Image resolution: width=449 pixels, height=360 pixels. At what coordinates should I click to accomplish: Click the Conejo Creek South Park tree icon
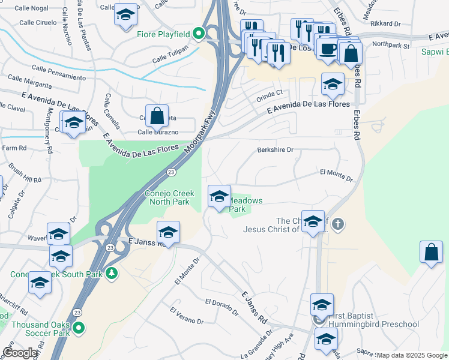[x=112, y=274]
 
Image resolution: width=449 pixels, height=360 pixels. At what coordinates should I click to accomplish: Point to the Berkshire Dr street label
[x=276, y=150]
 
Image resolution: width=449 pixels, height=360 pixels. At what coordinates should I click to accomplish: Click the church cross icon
[x=337, y=224]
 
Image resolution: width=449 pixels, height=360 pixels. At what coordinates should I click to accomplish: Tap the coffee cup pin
[x=328, y=49]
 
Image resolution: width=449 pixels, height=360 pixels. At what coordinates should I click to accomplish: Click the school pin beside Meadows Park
[x=219, y=196]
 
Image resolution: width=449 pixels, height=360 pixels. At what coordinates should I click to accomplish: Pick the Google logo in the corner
[x=20, y=353]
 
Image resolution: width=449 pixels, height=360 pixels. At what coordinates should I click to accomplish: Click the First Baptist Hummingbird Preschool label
[x=372, y=320]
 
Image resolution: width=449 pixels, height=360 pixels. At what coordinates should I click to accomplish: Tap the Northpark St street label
[x=390, y=45]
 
